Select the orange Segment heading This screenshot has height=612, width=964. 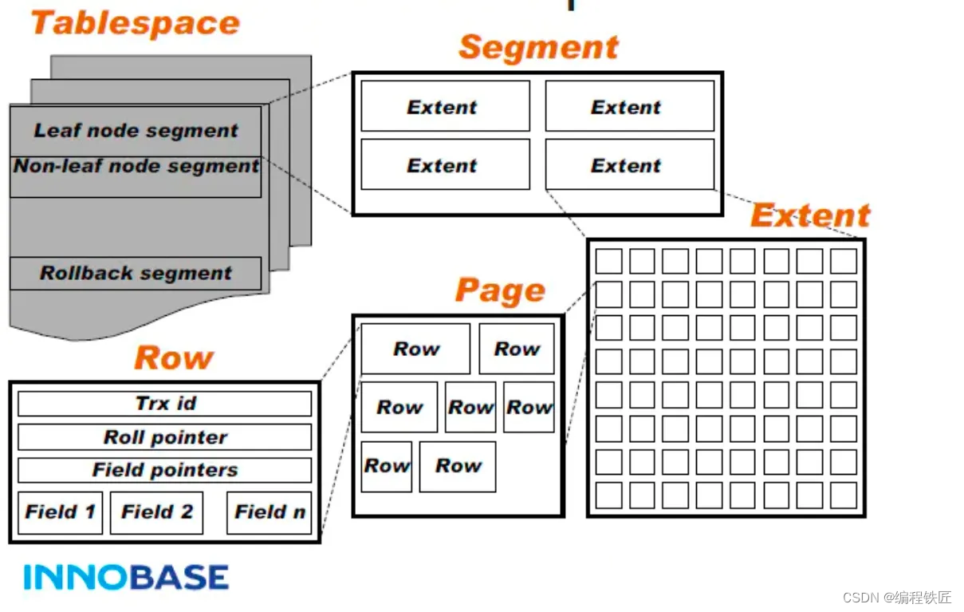click(538, 48)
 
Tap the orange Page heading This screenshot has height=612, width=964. click(500, 291)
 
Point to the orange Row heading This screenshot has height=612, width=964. click(174, 358)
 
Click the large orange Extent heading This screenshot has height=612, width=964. click(810, 215)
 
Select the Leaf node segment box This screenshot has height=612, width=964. click(136, 131)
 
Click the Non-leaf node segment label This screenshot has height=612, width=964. click(136, 167)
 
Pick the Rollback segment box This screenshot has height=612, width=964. click(136, 274)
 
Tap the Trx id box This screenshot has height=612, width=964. click(165, 404)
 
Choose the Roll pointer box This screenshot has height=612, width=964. click(165, 437)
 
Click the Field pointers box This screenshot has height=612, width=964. click(165, 470)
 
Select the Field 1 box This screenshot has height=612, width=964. click(60, 512)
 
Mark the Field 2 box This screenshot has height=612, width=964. click(156, 512)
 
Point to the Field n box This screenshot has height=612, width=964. click(270, 512)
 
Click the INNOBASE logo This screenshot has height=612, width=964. click(126, 576)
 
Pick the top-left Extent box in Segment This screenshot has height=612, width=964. click(445, 106)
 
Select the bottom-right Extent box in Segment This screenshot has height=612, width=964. click(629, 165)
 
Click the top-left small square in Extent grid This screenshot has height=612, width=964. click(609, 262)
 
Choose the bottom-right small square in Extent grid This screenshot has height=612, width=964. click(844, 496)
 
